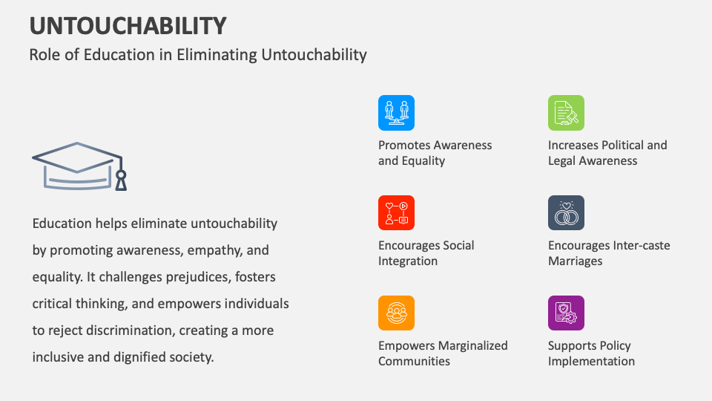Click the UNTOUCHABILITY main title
[128, 26]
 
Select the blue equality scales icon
[396, 113]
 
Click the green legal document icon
[566, 113]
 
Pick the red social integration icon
[396, 213]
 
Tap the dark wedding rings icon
[566, 213]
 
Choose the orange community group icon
[396, 313]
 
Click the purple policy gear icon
[566, 313]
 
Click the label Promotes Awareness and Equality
[435, 153]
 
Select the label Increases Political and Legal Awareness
[607, 153]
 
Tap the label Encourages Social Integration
[426, 252]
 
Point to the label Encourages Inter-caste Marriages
[609, 252]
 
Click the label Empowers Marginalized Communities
[443, 353]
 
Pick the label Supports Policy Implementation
[591, 353]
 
